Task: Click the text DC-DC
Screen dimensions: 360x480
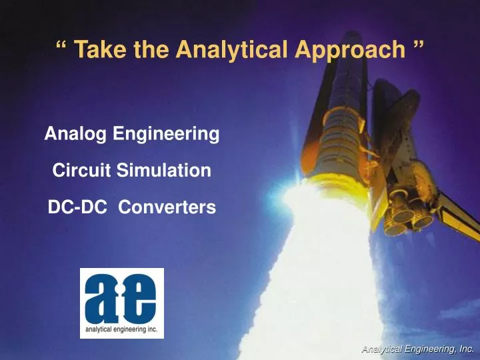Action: tap(78, 208)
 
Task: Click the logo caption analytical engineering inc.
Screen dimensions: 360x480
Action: tap(121, 327)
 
